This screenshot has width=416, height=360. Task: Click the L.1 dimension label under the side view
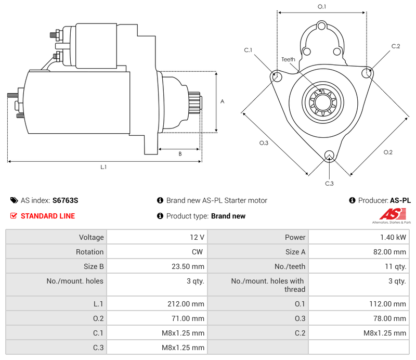tap(103, 167)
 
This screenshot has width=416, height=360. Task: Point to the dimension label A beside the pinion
tap(222, 101)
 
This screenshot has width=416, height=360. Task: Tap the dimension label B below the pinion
tap(180, 154)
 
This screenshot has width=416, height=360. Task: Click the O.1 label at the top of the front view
tap(322, 7)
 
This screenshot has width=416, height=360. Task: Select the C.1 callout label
tap(248, 50)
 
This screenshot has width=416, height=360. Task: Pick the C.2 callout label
tap(396, 46)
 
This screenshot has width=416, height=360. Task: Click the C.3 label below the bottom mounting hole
tap(329, 183)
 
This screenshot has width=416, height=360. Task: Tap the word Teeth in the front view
tap(288, 59)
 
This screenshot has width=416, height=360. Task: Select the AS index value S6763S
tap(65, 200)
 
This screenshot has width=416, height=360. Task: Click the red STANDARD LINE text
tap(48, 216)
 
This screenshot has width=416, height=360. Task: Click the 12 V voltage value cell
tap(197, 237)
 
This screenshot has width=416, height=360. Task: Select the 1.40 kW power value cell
tap(397, 237)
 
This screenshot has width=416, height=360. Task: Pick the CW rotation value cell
tap(199, 252)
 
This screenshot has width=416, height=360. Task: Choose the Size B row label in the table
tap(94, 266)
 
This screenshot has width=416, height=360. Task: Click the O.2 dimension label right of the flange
tap(388, 152)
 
